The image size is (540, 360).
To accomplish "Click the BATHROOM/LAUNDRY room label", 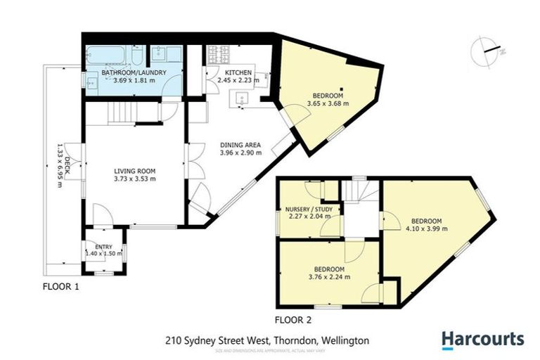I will pyautogui.click(x=124, y=73).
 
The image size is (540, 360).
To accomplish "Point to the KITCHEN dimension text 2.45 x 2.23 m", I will pyautogui.click(x=238, y=81).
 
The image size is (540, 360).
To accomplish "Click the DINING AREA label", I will pyautogui.click(x=240, y=144).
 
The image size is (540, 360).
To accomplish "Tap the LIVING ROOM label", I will pyautogui.click(x=135, y=171).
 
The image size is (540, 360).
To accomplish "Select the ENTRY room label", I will pyautogui.click(x=103, y=245).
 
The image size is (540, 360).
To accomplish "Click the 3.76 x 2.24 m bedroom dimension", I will pyautogui.click(x=329, y=278).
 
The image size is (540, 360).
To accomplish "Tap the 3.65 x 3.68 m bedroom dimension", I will pyautogui.click(x=328, y=105).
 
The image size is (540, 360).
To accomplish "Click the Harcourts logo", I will pyautogui.click(x=482, y=340).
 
